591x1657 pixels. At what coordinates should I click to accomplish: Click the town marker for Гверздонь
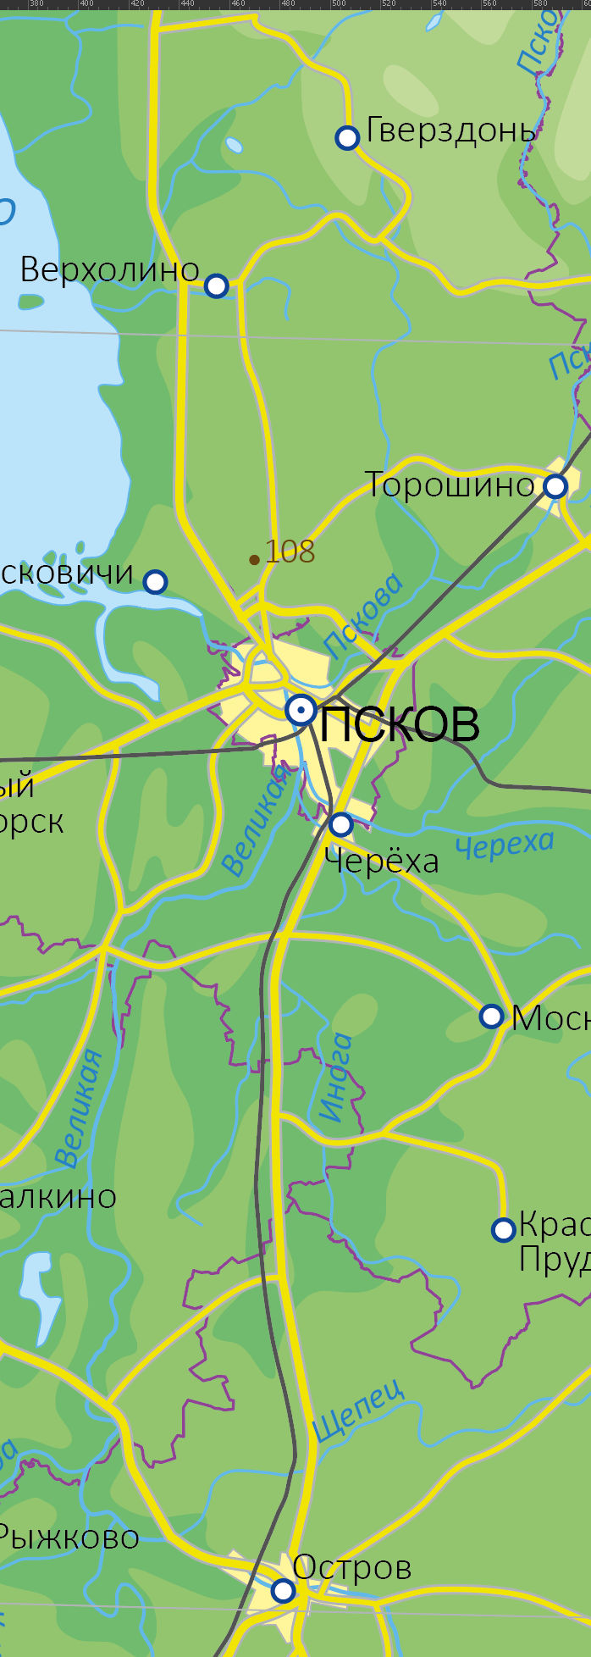[347, 137]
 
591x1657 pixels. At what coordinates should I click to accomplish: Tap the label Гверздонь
[450, 131]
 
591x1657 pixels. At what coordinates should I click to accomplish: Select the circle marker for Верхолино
[217, 285]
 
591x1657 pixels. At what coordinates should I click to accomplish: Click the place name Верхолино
[109, 270]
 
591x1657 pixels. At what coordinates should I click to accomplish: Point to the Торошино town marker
[555, 486]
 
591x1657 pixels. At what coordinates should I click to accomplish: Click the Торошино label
[450, 485]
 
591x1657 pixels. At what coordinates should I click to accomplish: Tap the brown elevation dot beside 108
[254, 559]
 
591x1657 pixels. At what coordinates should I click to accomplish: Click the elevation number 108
[290, 552]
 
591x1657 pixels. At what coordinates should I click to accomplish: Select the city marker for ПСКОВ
[301, 710]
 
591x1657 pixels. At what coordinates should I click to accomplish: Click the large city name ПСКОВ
[400, 724]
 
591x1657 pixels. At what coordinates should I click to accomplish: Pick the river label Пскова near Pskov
[364, 615]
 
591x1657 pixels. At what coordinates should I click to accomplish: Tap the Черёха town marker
[340, 823]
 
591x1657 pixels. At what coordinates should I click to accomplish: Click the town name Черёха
[382, 862]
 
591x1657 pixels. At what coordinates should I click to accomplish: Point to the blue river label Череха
[505, 845]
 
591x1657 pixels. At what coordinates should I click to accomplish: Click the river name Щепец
[357, 1410]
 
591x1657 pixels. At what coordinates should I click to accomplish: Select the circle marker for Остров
[283, 1591]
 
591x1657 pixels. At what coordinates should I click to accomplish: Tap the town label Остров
[352, 1568]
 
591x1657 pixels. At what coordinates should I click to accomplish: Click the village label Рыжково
[68, 1537]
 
